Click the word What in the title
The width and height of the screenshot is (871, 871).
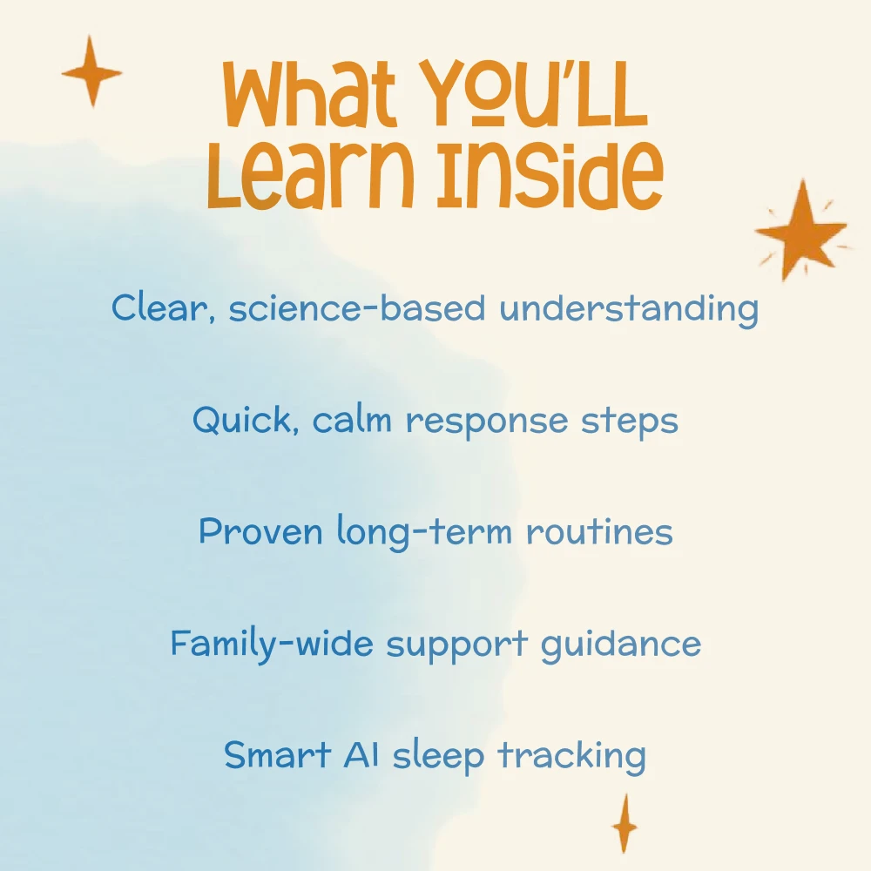pos(309,93)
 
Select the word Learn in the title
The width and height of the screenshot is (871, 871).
pos(311,176)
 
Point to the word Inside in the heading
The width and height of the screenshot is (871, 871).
pos(550,176)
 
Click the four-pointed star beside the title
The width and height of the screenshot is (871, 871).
pos(91,71)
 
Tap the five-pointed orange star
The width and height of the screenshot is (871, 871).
pos(801,231)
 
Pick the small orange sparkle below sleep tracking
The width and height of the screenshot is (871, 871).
pos(625,824)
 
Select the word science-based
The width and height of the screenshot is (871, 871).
pos(356,307)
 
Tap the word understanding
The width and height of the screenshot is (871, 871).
pos(629,309)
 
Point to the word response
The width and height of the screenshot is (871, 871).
pos(487,422)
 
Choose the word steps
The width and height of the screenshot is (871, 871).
pos(630,422)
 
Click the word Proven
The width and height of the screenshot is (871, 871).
pos(260,530)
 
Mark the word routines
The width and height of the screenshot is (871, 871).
pos(599,530)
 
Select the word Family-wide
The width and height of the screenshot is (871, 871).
pos(272,644)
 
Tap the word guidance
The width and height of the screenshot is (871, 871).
pos(621,645)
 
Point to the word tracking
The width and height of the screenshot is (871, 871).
pos(571,757)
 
